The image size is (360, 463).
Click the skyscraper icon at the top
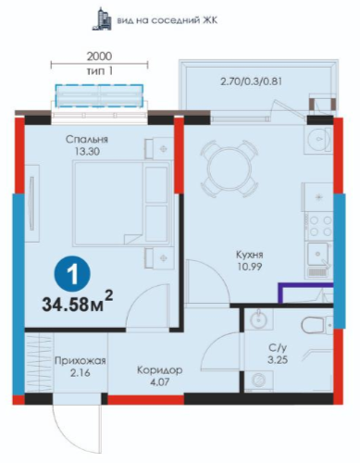[102, 19]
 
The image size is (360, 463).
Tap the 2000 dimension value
[99, 56]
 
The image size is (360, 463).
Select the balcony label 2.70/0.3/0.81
[251, 81]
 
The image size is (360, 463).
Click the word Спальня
[87, 139]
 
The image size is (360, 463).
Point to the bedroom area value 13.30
[87, 151]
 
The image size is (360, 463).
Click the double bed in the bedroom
[122, 203]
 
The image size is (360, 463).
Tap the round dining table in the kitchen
[230, 169]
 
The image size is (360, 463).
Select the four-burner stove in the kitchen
[319, 227]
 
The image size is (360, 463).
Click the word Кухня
[250, 255]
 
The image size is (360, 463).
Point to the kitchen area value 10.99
[250, 267]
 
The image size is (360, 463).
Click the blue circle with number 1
[72, 274]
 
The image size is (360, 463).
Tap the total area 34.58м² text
[78, 304]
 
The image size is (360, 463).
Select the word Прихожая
[81, 360]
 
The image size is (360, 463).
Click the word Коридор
[160, 369]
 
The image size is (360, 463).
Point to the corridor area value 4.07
[160, 382]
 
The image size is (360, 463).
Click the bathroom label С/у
[278, 348]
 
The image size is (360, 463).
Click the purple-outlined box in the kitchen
[305, 293]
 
